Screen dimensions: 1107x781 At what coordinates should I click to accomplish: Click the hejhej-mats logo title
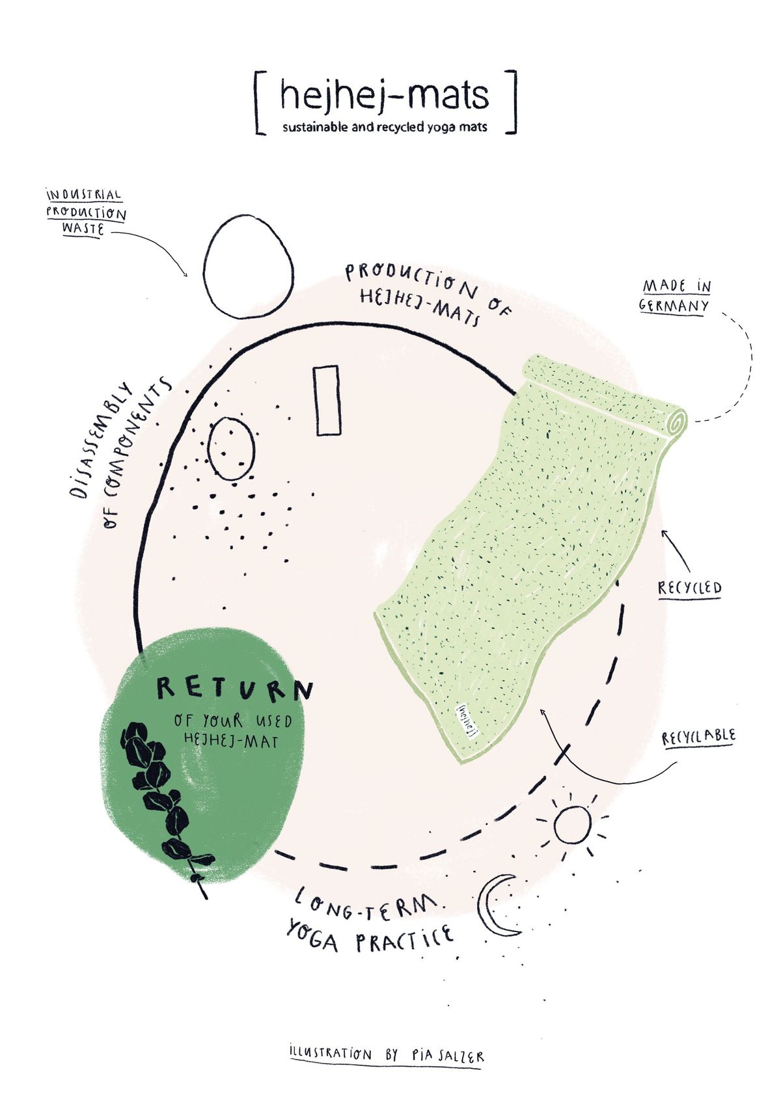point(384,95)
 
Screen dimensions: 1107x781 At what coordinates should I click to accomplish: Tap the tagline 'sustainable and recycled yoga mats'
point(385,127)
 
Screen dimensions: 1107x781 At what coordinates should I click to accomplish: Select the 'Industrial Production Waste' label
point(85,212)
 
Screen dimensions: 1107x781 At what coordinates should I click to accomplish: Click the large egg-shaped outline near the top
point(247,267)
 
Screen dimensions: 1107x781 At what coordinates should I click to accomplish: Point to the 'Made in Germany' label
point(675,296)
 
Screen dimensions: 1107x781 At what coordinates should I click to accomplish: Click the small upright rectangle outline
point(326,400)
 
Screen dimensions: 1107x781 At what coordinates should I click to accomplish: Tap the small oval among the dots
point(230,448)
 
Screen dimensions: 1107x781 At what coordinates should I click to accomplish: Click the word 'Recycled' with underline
point(690,589)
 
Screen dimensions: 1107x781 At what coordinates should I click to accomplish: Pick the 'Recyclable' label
point(698,737)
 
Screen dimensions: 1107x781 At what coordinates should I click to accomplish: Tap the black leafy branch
point(163,800)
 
